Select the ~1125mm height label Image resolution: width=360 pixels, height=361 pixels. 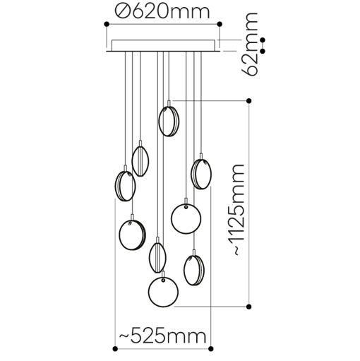click(x=237, y=209)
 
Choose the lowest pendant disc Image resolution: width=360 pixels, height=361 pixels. click(x=163, y=290)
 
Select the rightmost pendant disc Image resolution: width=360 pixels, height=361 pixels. click(x=201, y=174)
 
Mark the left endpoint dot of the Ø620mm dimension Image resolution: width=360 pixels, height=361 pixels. click(x=106, y=25)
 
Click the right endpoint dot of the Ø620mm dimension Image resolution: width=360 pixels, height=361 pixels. click(x=220, y=25)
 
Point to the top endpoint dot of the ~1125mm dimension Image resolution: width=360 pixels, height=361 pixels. click(x=248, y=102)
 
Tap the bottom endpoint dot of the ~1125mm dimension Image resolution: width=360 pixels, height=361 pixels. click(x=248, y=306)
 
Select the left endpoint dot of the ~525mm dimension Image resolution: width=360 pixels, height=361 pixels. click(x=115, y=347)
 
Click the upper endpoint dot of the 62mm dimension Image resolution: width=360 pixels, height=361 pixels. click(x=263, y=40)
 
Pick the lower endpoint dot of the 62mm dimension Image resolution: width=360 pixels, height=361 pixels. click(x=263, y=51)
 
